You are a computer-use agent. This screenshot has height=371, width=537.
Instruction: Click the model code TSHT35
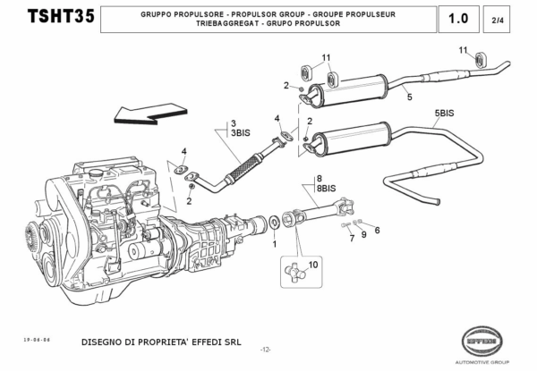pos(55,18)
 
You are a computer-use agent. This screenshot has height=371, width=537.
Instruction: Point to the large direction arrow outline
pos(147,111)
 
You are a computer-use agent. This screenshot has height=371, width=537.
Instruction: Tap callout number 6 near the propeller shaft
pos(376,230)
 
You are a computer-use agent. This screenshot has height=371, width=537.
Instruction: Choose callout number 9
pos(364,234)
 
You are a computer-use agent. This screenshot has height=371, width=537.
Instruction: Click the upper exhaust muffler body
pos(356,86)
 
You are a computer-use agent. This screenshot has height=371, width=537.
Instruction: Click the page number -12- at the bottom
pos(266,350)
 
